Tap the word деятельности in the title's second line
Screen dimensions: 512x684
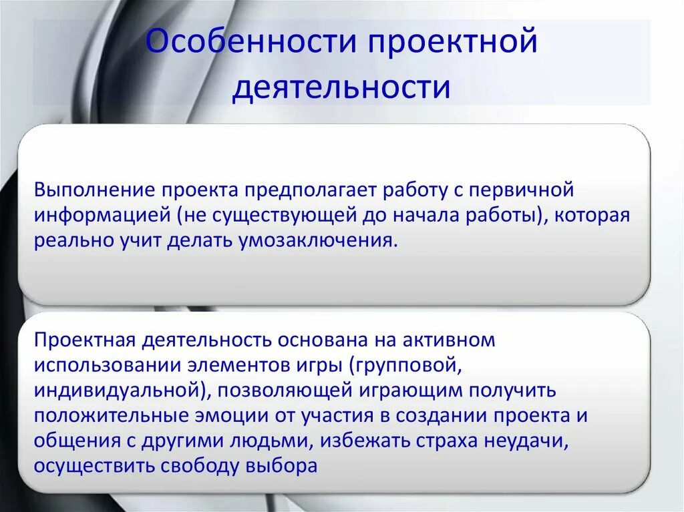341,87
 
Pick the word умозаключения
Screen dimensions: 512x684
317,241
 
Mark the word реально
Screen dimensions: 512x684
68,241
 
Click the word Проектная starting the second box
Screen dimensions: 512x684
85,339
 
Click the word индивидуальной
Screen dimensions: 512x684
110,390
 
